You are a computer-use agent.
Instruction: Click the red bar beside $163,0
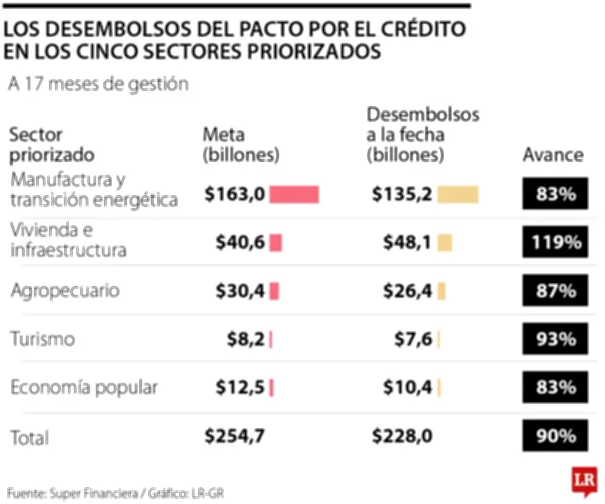[x=294, y=194]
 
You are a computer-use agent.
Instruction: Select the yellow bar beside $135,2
[x=458, y=194]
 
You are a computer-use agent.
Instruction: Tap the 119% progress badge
[x=554, y=243]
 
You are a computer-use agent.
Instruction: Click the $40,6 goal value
[x=240, y=243]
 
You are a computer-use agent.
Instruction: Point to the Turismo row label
[x=43, y=339]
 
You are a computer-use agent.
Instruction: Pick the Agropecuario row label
[x=65, y=291]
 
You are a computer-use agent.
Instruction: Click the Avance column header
[x=554, y=155]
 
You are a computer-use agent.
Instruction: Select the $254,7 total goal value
[x=234, y=436]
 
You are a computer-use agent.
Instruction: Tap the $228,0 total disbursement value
[x=402, y=436]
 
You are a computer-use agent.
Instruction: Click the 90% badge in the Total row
[x=554, y=436]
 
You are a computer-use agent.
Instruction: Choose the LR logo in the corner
[x=583, y=481]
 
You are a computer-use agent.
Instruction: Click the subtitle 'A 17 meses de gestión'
[x=98, y=84]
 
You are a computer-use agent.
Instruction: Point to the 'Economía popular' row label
[x=84, y=387]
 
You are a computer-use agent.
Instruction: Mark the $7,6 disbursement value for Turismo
[x=413, y=340]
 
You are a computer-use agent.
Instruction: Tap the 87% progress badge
[x=554, y=291]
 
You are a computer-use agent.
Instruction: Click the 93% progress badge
[x=554, y=340]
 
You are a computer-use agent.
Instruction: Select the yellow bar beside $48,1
[x=445, y=243]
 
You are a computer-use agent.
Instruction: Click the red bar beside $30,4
[x=275, y=291]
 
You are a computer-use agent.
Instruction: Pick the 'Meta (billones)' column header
[x=241, y=145]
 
